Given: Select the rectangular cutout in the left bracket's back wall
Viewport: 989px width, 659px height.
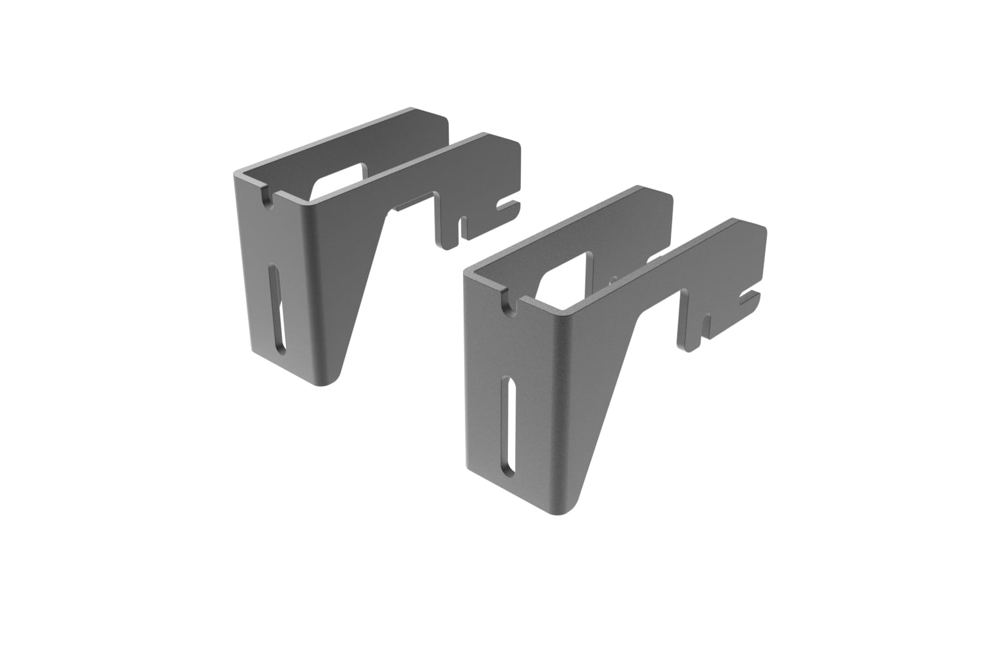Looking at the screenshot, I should [x=341, y=176].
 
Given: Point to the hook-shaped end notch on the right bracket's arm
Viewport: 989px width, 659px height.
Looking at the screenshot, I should [x=749, y=297].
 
